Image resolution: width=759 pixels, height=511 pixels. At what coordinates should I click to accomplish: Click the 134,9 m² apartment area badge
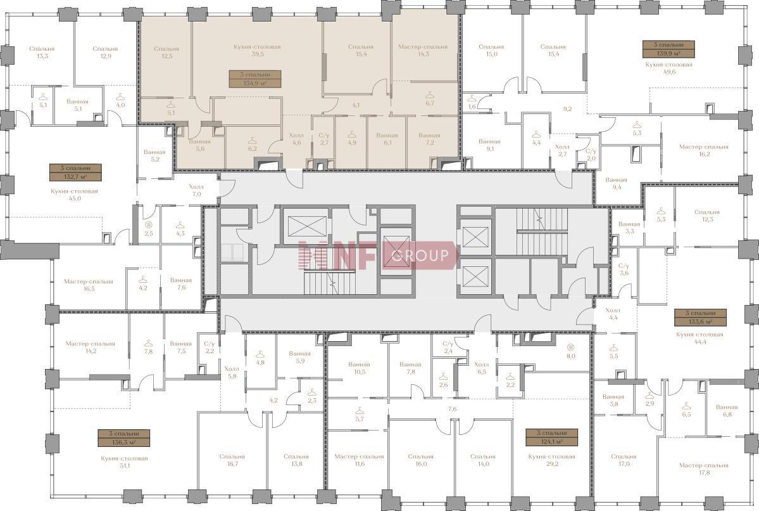click(255, 79)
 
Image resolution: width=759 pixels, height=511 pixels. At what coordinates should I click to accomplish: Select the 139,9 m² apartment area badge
click(668, 49)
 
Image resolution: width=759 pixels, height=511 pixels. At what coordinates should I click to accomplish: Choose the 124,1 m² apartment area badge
click(552, 437)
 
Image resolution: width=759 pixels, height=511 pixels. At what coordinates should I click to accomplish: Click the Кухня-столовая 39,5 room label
click(257, 51)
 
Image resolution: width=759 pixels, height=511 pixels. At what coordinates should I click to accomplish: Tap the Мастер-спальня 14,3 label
click(423, 51)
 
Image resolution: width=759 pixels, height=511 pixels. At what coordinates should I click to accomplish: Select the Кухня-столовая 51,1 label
click(125, 462)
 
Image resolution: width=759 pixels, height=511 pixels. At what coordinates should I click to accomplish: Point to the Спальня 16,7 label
click(232, 460)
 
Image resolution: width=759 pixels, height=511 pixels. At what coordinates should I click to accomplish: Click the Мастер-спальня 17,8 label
click(703, 469)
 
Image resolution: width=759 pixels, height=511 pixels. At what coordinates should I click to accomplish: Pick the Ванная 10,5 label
click(359, 368)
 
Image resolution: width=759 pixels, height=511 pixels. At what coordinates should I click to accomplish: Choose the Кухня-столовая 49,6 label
click(668, 68)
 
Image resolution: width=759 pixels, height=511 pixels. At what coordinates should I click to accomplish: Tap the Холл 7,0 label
click(196, 190)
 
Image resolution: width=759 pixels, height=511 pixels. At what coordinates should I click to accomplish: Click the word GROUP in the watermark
click(420, 255)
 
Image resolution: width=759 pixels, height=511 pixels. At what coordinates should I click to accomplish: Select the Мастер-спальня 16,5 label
click(89, 285)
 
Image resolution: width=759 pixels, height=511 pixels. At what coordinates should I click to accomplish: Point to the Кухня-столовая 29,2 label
click(552, 460)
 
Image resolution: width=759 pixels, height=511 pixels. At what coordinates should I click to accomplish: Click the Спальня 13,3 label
click(42, 53)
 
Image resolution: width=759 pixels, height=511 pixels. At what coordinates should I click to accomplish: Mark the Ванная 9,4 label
click(616, 183)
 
